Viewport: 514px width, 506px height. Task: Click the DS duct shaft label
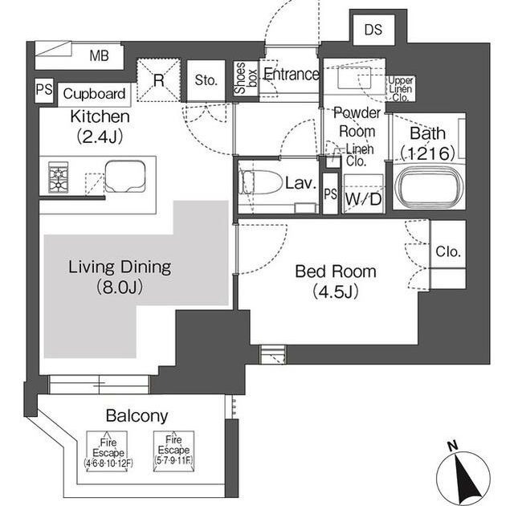pyautogui.click(x=373, y=30)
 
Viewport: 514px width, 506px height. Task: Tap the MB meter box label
pyautogui.click(x=99, y=55)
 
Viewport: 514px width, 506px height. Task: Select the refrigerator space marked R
pyautogui.click(x=159, y=80)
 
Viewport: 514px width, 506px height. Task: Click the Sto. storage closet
pyautogui.click(x=206, y=80)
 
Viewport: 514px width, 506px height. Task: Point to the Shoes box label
pyautogui.click(x=246, y=78)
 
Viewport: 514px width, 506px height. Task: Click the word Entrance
pyautogui.click(x=291, y=74)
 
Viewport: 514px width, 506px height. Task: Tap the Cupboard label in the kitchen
pyautogui.click(x=94, y=94)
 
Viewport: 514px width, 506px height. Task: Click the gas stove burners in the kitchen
pyautogui.click(x=59, y=177)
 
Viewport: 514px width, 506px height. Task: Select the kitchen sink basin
pyautogui.click(x=125, y=177)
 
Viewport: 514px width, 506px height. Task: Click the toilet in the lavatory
pyautogui.click(x=261, y=182)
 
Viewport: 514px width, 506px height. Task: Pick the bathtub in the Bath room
pyautogui.click(x=429, y=185)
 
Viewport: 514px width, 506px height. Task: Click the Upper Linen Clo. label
pyautogui.click(x=400, y=89)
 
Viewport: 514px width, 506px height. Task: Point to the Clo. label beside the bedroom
pyautogui.click(x=448, y=251)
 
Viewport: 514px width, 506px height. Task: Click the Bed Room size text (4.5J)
pyautogui.click(x=336, y=292)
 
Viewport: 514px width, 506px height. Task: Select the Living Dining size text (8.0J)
pyautogui.click(x=120, y=288)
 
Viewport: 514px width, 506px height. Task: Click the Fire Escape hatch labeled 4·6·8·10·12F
pyautogui.click(x=108, y=451)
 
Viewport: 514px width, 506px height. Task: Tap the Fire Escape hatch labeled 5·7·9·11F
pyautogui.click(x=173, y=451)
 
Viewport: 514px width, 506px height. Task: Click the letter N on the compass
pyautogui.click(x=452, y=446)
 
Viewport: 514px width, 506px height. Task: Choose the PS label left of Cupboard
pyautogui.click(x=44, y=89)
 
